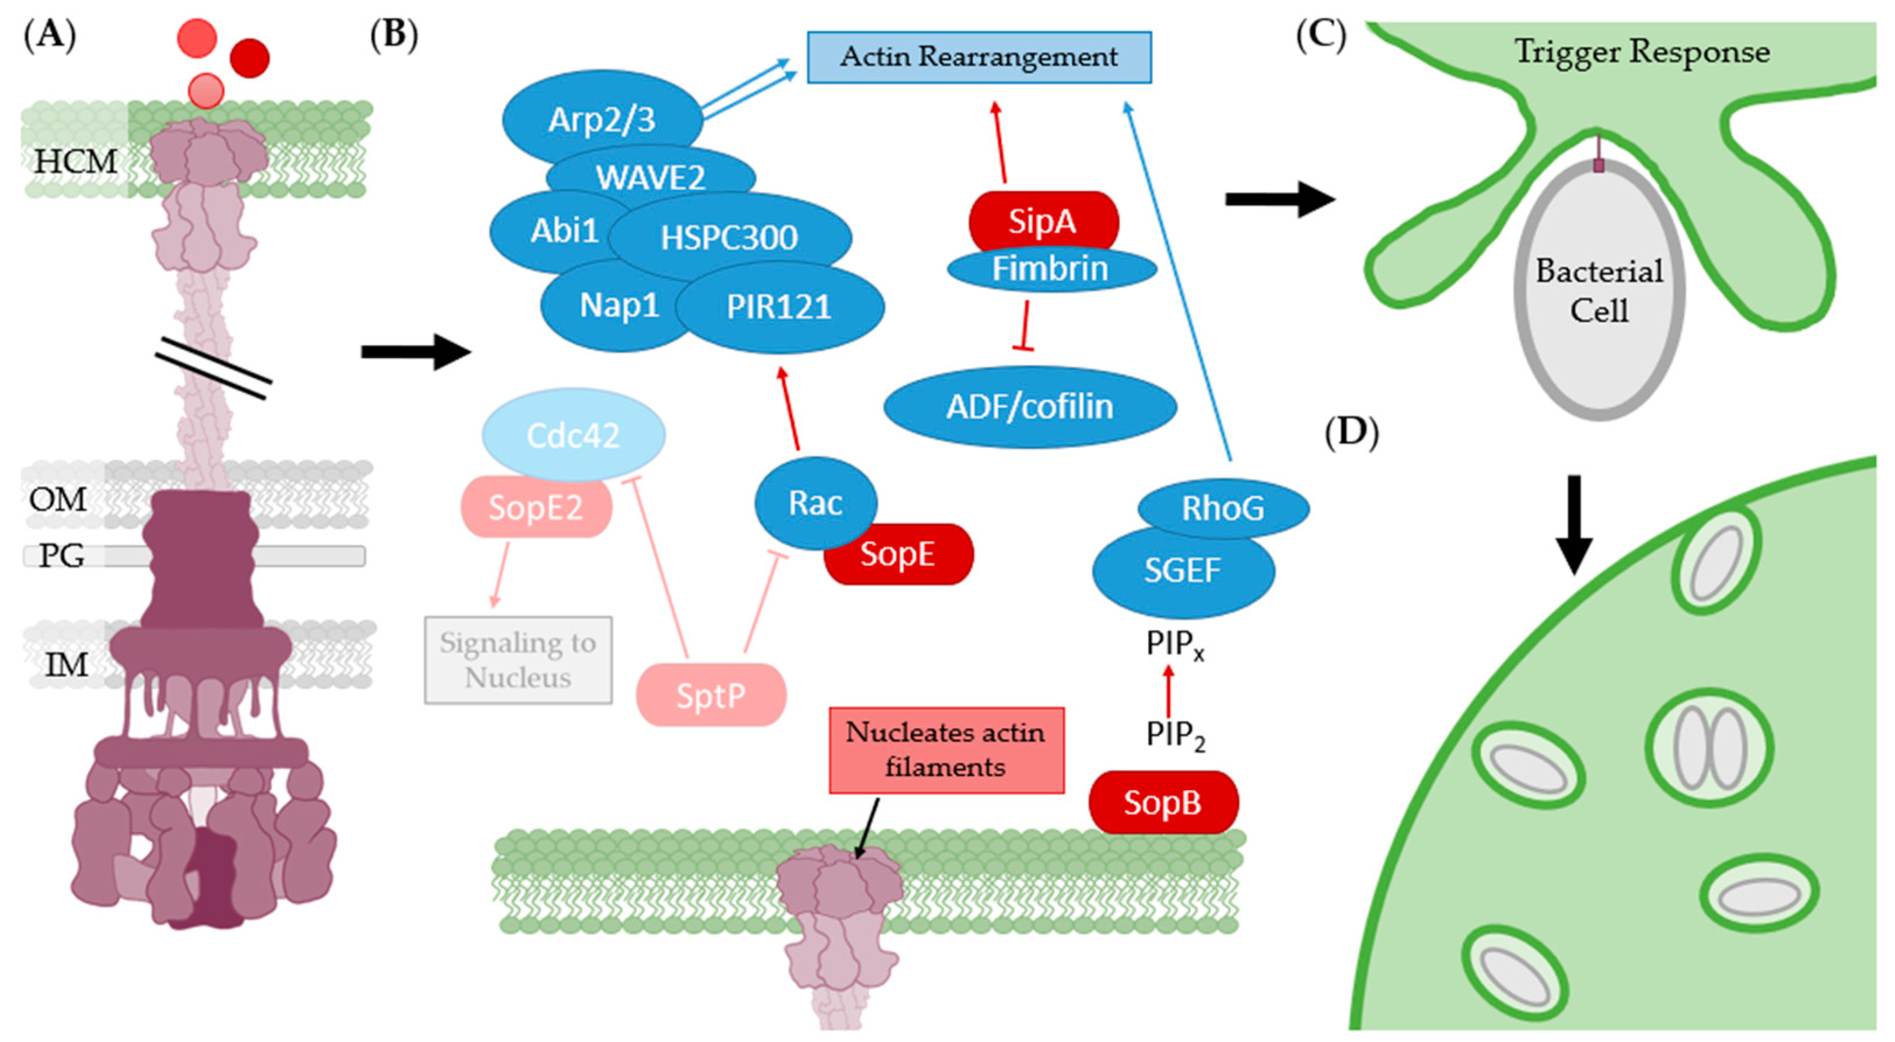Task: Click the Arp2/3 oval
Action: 601,118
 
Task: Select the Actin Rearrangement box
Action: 978,57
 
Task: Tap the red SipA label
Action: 1043,220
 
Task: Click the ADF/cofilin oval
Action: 1029,406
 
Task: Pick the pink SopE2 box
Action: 536,507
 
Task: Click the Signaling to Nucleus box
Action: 518,659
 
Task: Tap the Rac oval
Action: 814,503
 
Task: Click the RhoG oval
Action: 1223,507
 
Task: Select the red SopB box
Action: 1162,802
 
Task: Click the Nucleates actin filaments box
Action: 946,750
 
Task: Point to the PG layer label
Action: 62,556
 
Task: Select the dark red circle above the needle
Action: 249,58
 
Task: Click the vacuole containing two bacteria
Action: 1708,747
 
